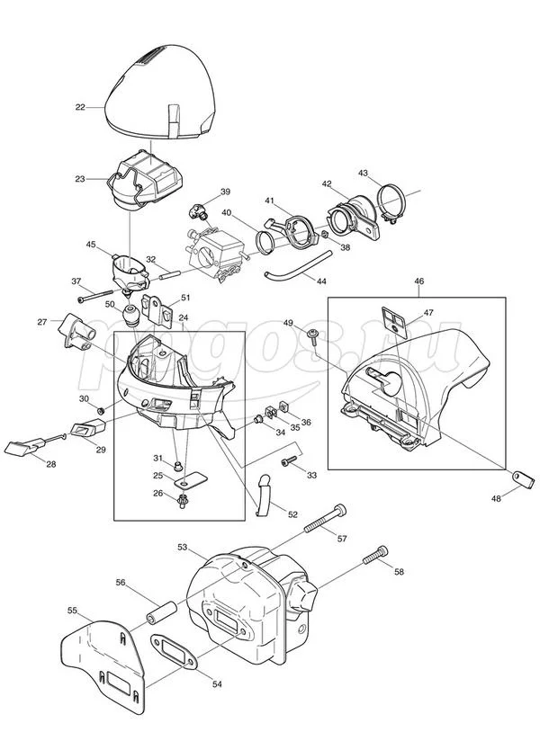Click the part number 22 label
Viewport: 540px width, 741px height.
(80, 107)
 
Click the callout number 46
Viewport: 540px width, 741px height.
(419, 281)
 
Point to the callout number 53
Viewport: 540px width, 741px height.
(182, 546)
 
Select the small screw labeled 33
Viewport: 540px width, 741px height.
(289, 461)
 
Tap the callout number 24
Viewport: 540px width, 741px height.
(183, 317)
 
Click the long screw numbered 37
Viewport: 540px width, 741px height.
(99, 294)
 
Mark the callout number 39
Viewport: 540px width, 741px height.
(225, 192)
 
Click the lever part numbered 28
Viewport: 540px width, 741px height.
(25, 444)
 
